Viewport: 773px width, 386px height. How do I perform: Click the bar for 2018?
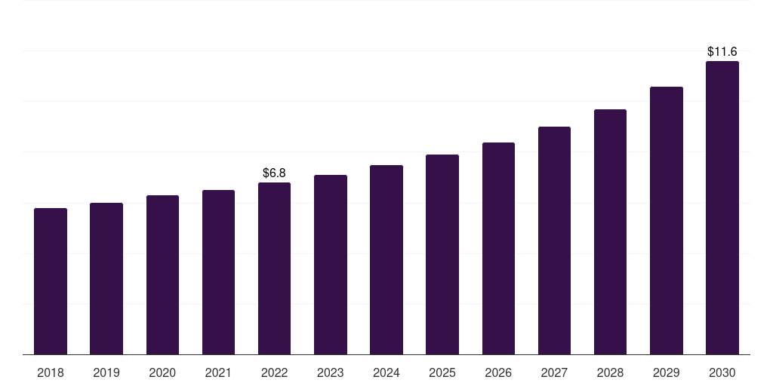pos(51,281)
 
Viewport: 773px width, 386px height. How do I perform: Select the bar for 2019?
pos(106,279)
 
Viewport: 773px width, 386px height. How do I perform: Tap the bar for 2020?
pos(162,275)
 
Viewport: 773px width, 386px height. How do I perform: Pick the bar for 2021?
pos(218,272)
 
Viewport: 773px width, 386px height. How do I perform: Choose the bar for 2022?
pos(274,268)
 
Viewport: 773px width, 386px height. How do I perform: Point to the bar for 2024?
pos(386,260)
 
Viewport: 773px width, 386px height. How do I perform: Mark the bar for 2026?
pos(498,249)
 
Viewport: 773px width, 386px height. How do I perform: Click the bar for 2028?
pos(610,232)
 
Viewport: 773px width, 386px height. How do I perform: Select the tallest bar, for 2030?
pos(722,208)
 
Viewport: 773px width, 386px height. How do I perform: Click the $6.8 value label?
pos(274,173)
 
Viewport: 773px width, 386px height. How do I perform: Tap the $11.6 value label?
pos(722,52)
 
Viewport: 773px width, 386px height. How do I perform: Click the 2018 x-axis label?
pos(51,372)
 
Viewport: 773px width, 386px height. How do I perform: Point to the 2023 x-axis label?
pos(331,372)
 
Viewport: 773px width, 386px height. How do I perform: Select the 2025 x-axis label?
pos(442,372)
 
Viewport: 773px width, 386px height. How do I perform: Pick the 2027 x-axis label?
pos(554,372)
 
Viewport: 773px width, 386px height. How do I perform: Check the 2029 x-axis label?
pos(666,372)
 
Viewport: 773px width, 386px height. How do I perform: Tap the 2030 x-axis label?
pos(722,372)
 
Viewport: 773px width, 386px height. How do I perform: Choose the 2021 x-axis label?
pos(218,372)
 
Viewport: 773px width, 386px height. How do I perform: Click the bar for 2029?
pos(666,221)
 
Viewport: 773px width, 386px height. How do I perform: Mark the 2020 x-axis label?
pos(162,372)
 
